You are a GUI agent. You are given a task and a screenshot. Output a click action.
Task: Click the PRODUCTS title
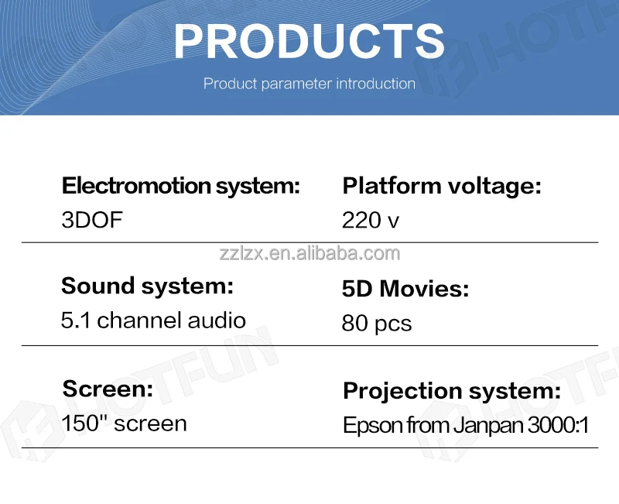click(309, 41)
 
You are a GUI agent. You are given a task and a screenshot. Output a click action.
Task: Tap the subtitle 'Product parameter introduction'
click(309, 84)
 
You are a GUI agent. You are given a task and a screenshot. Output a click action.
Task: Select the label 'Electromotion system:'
click(181, 186)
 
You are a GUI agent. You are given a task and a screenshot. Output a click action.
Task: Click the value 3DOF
click(92, 220)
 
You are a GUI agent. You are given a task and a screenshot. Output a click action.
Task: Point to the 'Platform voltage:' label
click(442, 186)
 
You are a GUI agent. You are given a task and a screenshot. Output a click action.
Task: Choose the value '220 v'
click(371, 221)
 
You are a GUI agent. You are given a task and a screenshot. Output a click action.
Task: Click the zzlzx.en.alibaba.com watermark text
click(309, 253)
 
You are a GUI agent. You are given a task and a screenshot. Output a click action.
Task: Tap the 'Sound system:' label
click(147, 286)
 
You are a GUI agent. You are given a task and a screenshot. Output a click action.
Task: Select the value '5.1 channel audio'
click(153, 320)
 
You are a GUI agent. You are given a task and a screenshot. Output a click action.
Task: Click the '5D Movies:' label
click(405, 288)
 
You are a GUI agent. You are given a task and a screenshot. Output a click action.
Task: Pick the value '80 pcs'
click(377, 324)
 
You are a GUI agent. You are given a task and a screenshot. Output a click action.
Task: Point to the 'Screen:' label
click(108, 389)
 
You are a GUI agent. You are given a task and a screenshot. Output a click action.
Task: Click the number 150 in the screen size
click(80, 423)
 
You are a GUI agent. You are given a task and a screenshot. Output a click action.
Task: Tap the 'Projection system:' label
click(452, 391)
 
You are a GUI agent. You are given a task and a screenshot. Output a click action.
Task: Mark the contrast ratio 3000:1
click(558, 425)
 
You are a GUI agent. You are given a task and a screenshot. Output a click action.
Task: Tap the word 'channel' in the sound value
click(140, 320)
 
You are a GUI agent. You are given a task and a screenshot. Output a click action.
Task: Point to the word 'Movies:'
click(424, 288)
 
